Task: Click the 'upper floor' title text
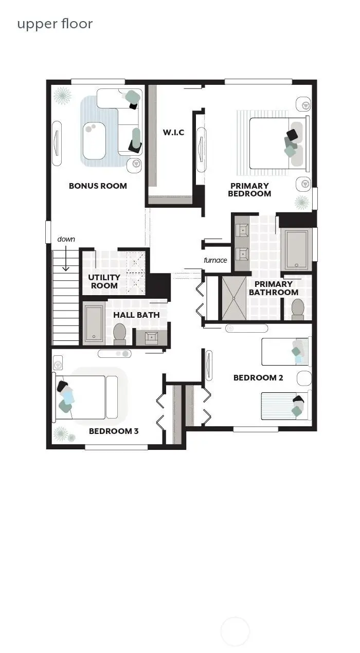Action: (x=55, y=24)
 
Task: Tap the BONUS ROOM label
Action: (x=98, y=186)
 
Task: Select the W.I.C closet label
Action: (x=173, y=133)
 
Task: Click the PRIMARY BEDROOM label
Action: (x=249, y=190)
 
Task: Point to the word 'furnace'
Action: (x=215, y=260)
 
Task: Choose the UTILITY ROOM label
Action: (x=104, y=281)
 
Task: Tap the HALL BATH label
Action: (x=136, y=315)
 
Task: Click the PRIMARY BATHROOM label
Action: (x=273, y=288)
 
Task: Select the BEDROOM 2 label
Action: (x=258, y=377)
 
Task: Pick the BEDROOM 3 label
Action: (x=114, y=431)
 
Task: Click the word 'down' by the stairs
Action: (x=66, y=239)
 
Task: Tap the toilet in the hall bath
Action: (x=120, y=333)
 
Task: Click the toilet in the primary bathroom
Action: (x=297, y=309)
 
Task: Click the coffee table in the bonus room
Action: (x=93, y=141)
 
